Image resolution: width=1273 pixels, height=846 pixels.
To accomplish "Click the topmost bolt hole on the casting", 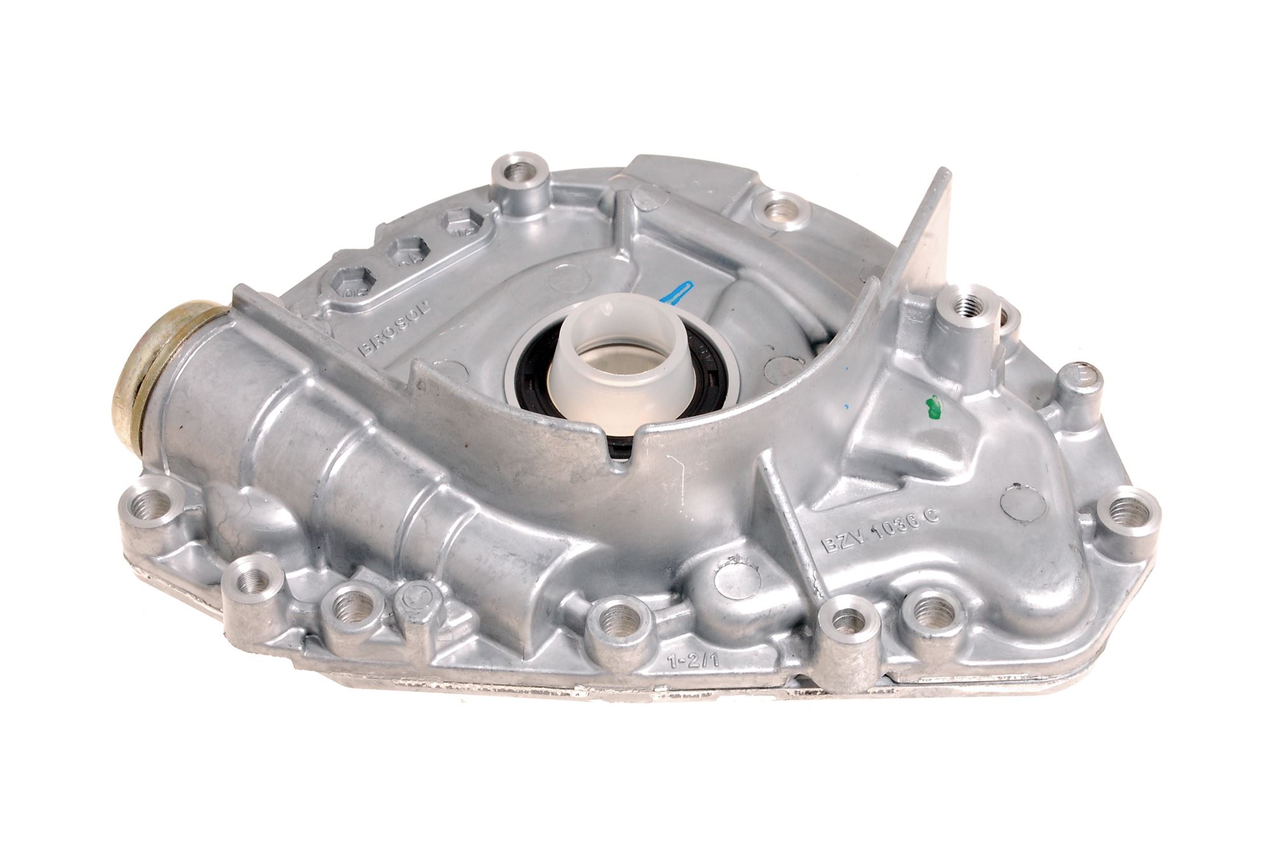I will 521,171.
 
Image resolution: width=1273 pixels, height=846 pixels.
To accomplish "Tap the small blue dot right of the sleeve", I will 847,404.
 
